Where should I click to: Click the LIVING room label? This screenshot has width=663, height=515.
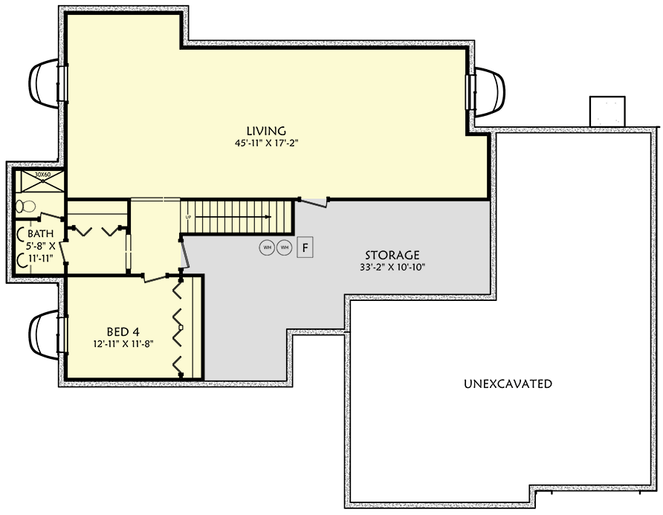[x=267, y=131]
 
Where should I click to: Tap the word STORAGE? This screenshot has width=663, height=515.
[x=392, y=254]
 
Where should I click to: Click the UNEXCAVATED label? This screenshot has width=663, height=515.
[x=508, y=384]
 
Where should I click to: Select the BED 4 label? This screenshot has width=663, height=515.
[x=124, y=332]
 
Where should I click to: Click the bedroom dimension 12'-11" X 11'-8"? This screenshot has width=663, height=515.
[x=124, y=344]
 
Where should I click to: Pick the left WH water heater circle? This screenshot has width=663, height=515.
[x=267, y=247]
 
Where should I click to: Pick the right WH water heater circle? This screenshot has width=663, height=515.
[x=284, y=247]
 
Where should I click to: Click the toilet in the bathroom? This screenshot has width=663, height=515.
[x=27, y=205]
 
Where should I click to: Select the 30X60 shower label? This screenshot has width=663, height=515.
[x=43, y=175]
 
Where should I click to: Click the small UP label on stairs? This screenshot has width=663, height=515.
[x=189, y=216]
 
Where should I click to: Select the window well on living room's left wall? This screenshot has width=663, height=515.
[x=43, y=82]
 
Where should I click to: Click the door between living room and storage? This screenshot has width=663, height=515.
[x=315, y=201]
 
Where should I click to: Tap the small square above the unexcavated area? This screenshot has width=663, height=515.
[x=608, y=111]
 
